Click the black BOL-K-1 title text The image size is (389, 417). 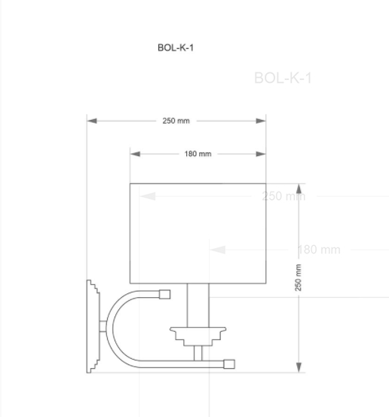(176, 48)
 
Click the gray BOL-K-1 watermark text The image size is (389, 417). (283, 78)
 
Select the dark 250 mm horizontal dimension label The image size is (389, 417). (176, 121)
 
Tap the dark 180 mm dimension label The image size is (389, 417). (198, 154)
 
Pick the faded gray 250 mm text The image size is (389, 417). (283, 196)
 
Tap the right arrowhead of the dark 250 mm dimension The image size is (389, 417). (261, 121)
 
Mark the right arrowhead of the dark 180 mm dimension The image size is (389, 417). (261, 154)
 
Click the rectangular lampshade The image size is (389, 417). (198, 232)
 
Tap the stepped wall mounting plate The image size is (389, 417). (93, 326)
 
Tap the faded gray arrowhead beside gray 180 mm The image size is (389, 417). (217, 250)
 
